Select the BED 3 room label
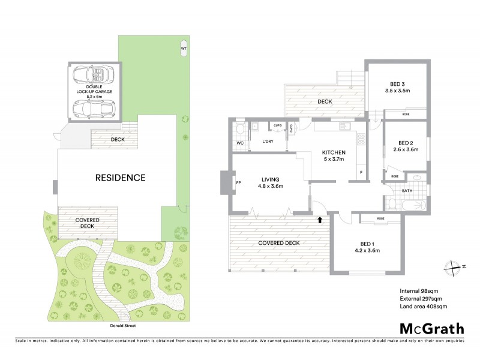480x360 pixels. point(396,87)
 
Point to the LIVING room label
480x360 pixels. point(271,182)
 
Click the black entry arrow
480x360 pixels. point(320,220)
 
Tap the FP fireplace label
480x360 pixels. point(238,183)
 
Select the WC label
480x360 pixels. point(239,143)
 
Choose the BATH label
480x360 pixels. point(406,191)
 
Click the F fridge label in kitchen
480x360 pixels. point(361,173)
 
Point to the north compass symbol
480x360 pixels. point(453,267)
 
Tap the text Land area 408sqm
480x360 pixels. point(424,307)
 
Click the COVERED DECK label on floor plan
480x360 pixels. point(278,242)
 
